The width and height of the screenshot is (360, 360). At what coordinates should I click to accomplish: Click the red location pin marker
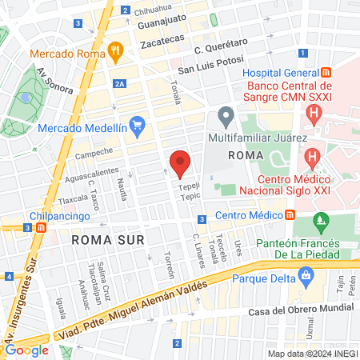coord(180,163)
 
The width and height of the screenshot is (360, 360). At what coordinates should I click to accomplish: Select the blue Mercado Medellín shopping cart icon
coord(137,126)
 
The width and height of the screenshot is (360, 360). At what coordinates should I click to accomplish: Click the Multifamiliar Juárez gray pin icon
coord(226,117)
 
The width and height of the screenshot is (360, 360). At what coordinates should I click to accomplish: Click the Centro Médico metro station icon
coord(290,214)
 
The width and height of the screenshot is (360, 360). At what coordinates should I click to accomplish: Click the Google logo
coord(27,349)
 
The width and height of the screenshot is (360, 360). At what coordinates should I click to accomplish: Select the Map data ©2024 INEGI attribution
coord(312,353)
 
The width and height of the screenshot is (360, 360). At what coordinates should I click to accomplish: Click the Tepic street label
coord(190,195)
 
